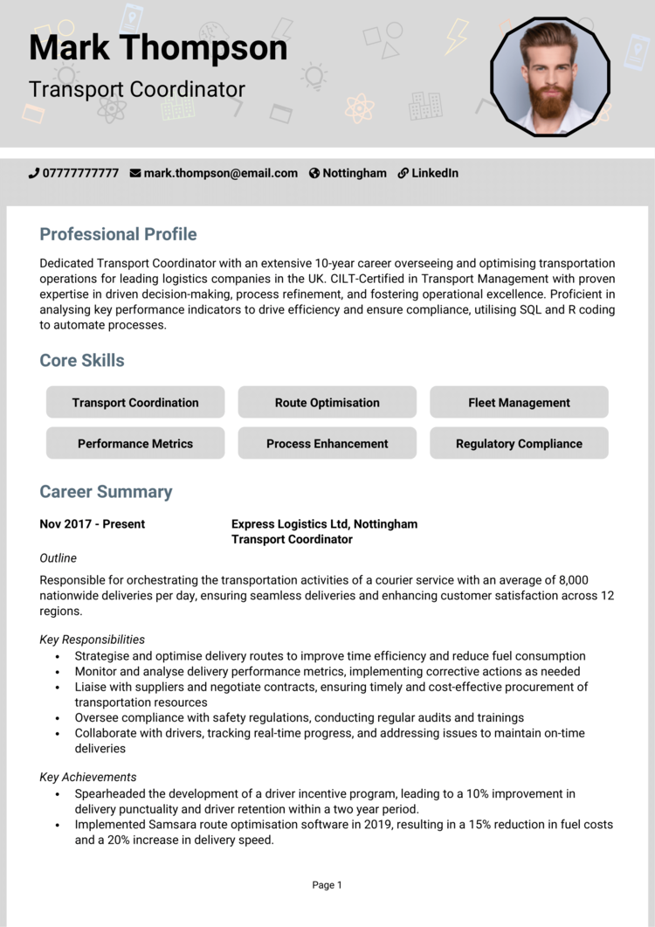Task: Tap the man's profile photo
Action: [549, 78]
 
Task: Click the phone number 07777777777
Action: [80, 173]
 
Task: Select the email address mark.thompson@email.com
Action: [220, 173]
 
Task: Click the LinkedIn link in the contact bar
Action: [434, 173]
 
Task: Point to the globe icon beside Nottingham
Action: [314, 173]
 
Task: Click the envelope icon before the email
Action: [135, 173]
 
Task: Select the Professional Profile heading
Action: [118, 234]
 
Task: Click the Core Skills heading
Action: [82, 360]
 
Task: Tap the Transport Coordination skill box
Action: [135, 403]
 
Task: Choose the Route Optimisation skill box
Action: [327, 403]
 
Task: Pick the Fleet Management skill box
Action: [519, 403]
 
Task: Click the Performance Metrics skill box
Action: [135, 444]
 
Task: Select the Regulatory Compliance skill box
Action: [519, 444]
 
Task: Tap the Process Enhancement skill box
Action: [327, 444]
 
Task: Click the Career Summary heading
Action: [106, 491]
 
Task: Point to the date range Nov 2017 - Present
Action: [93, 524]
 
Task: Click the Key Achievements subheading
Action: [88, 777]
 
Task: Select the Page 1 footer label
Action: [327, 885]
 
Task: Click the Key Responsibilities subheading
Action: [93, 640]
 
